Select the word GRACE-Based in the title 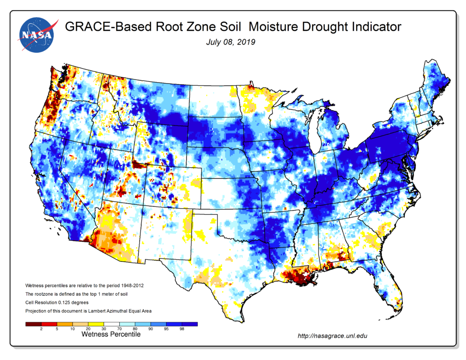(x=102, y=27)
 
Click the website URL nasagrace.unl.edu (x=332, y=336)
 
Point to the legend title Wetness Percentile (x=111, y=334)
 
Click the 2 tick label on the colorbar (x=41, y=329)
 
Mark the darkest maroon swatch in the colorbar (x=32, y=324)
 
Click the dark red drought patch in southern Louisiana (x=298, y=278)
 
